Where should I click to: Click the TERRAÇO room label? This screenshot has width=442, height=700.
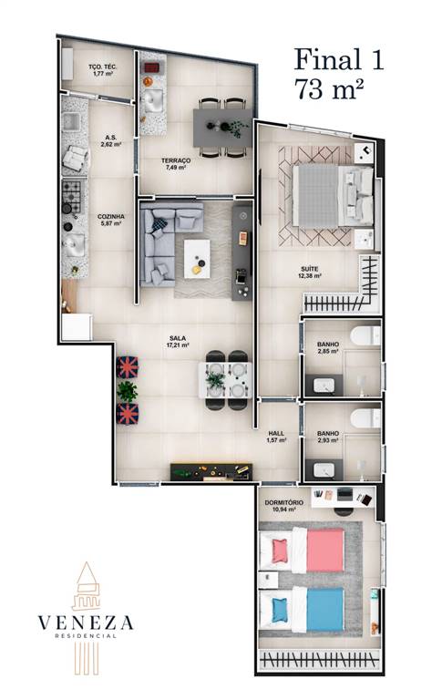(x=176, y=160)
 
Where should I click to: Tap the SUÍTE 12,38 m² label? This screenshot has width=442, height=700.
(x=310, y=273)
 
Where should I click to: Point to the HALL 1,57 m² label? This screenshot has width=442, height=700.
(x=276, y=437)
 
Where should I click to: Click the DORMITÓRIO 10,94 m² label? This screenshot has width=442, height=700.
(x=284, y=506)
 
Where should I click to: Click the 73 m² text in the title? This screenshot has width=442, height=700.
(x=329, y=89)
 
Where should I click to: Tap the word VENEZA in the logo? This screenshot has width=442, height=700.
(x=86, y=623)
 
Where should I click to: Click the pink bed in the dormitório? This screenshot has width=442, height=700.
(x=303, y=550)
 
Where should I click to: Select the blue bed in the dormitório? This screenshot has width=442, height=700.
(x=303, y=610)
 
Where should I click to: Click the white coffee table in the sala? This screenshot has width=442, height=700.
(x=197, y=259)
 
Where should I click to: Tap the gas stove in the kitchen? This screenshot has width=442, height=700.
(x=73, y=196)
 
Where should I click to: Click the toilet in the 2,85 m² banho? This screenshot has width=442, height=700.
(x=365, y=335)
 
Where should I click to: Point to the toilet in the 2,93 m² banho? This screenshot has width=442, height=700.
(x=365, y=418)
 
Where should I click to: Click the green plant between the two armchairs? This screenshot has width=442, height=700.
(x=128, y=392)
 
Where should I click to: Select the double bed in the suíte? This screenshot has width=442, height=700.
(x=333, y=196)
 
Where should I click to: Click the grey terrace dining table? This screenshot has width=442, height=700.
(x=220, y=128)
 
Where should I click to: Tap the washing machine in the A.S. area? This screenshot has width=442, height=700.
(x=76, y=158)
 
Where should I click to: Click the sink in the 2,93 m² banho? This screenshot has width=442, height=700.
(x=324, y=470)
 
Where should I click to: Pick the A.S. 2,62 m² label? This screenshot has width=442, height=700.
(x=110, y=141)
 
